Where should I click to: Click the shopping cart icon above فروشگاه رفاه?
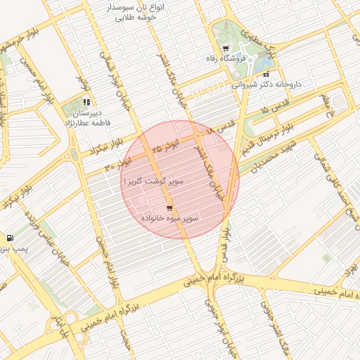click(225, 49)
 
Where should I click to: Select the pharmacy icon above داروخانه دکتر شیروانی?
click(266, 73)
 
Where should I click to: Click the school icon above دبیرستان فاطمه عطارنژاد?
click(86, 102)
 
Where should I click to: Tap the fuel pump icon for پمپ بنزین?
click(9, 238)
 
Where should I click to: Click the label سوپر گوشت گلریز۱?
click(153, 181)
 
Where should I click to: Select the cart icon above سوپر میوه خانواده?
click(169, 208)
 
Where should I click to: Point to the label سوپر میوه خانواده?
click(169, 219)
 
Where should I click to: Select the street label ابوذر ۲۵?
click(166, 148)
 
